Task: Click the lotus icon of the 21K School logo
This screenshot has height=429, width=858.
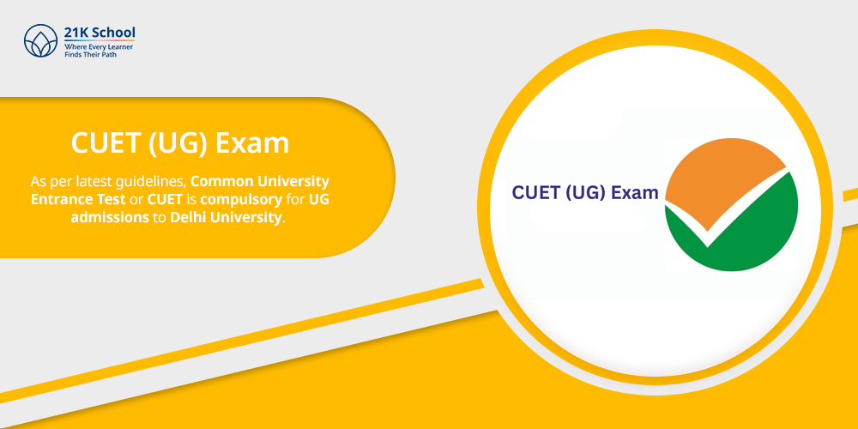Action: click(x=40, y=40)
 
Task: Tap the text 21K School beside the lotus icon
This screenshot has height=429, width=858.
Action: click(x=100, y=32)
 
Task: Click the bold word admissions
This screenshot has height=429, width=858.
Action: click(x=69, y=217)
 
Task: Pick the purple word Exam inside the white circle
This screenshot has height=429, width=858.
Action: click(x=635, y=193)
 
